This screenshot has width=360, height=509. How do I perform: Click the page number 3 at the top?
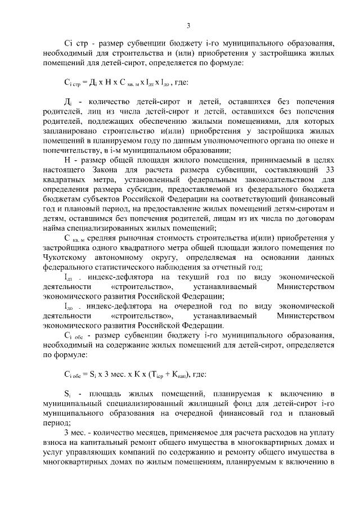click(188, 25)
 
